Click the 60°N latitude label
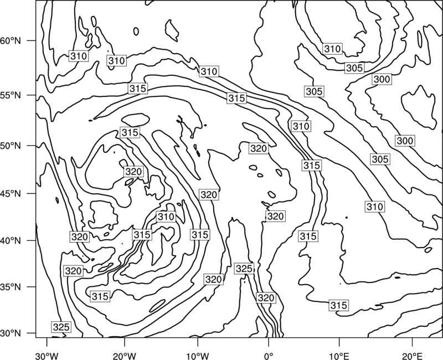pyautogui.click(x=10, y=40)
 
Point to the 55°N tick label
pyautogui.click(x=10, y=95)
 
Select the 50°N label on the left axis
pyautogui.click(x=10, y=146)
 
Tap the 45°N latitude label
pyautogui.click(x=10, y=193)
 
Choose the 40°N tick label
pyautogui.click(x=10, y=240)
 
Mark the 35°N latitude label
pyautogui.click(x=10, y=287)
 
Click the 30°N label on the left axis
pyautogui.click(x=10, y=333)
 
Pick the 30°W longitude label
pyautogui.click(x=47, y=356)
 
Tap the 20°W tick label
pyautogui.click(x=124, y=356)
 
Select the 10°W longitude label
pyautogui.click(x=198, y=356)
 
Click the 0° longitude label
pyautogui.click(x=269, y=356)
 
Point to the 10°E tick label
pyautogui.click(x=339, y=356)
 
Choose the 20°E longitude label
pyautogui.click(x=412, y=356)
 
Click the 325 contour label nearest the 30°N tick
pyautogui.click(x=61, y=327)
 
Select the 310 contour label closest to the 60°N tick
pyautogui.click(x=79, y=56)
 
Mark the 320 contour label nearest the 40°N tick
pyautogui.click(x=79, y=236)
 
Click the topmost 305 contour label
pyautogui.click(x=354, y=68)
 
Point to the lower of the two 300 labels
pyautogui.click(x=405, y=141)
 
